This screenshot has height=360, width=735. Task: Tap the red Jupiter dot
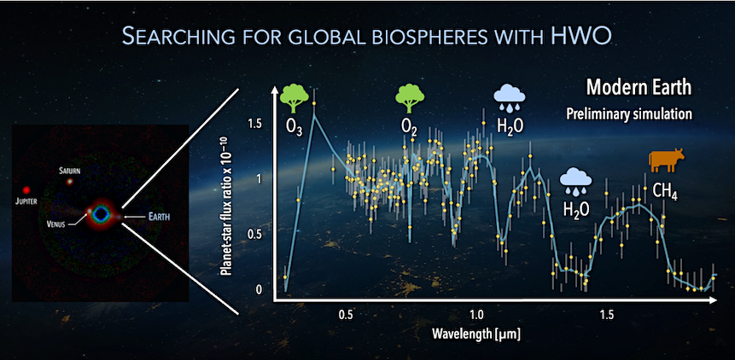coord(26,189)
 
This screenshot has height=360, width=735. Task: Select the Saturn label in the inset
coord(69,171)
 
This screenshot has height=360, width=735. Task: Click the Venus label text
coord(56,224)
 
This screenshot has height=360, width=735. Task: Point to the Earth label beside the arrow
coord(160,217)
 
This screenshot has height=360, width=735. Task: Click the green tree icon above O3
coord(295,98)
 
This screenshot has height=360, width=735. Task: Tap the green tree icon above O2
coord(410,98)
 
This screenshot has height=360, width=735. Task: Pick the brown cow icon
coord(666,161)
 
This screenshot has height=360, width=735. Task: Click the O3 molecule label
coord(292,128)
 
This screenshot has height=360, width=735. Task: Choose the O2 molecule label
coord(407,128)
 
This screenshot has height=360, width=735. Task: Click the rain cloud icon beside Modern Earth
coord(510,98)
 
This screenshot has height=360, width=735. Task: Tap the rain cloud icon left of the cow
coord(576,183)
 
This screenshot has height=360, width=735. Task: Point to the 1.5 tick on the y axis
coord(254,124)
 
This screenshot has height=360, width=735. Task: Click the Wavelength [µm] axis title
coord(476,334)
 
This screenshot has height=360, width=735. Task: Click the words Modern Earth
coord(639,88)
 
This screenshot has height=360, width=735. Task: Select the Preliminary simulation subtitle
coord(629,114)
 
